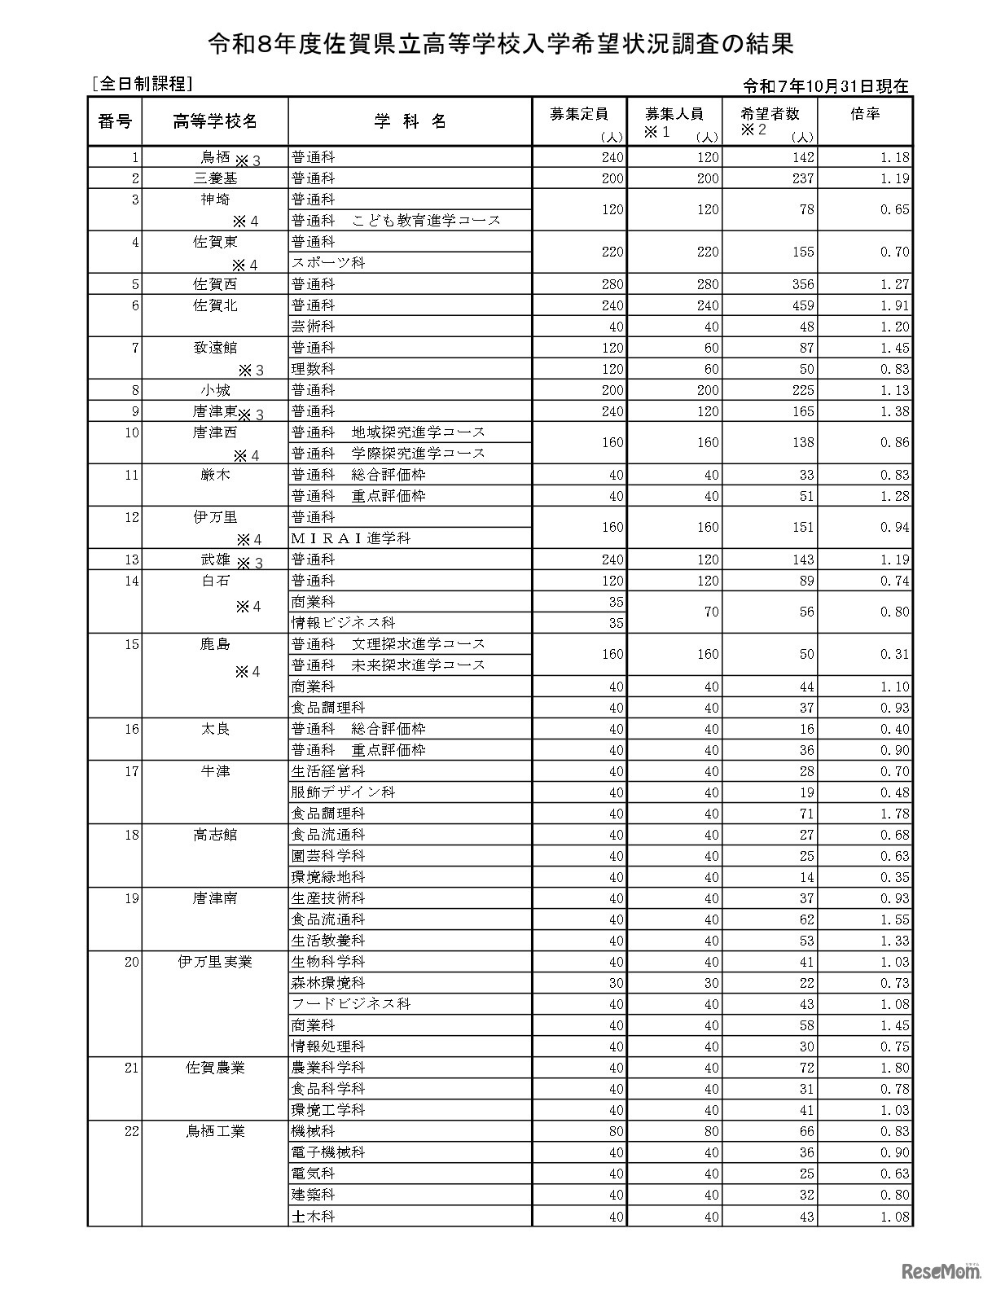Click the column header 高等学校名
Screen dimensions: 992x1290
215,121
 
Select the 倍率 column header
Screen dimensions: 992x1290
865,115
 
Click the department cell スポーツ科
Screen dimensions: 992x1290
328,263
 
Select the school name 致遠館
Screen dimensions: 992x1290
215,348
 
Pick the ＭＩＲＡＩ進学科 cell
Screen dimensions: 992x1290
351,538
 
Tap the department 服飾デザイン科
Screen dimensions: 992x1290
343,792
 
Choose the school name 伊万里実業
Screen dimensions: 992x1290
215,962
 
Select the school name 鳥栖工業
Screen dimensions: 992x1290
215,1131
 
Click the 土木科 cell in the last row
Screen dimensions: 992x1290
314,1216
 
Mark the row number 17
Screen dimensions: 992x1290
132,771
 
